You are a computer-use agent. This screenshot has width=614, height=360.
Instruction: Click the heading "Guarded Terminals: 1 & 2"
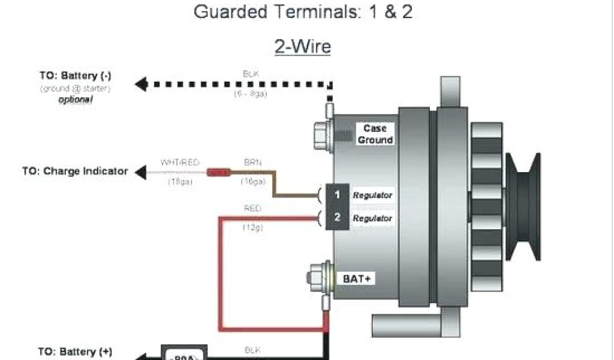pyautogui.click(x=303, y=12)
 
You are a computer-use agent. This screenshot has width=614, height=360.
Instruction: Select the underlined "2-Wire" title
pyautogui.click(x=303, y=47)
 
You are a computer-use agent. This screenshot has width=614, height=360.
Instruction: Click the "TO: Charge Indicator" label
pyautogui.click(x=76, y=171)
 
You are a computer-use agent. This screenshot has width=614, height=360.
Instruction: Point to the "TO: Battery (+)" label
pyautogui.click(x=76, y=351)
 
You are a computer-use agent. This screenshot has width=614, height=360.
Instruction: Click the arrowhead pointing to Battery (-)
pyautogui.click(x=141, y=85)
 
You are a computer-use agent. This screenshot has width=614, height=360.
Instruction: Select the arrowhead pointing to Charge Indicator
pyautogui.click(x=140, y=173)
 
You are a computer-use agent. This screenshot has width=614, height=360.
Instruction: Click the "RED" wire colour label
pyautogui.click(x=252, y=209)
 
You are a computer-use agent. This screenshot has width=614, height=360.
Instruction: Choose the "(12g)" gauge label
pyautogui.click(x=252, y=228)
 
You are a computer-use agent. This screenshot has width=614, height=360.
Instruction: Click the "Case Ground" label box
pyautogui.click(x=375, y=134)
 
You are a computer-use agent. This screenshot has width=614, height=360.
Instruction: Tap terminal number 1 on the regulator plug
pyautogui.click(x=338, y=194)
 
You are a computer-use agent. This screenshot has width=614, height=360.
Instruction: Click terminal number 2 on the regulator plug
pyautogui.click(x=338, y=218)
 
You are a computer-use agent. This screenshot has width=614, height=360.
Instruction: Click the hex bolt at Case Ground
pyautogui.click(x=320, y=134)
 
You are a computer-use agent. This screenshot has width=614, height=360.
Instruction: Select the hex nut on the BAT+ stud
pyautogui.click(x=314, y=278)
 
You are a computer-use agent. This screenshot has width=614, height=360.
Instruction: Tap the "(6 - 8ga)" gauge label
pyautogui.click(x=250, y=94)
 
